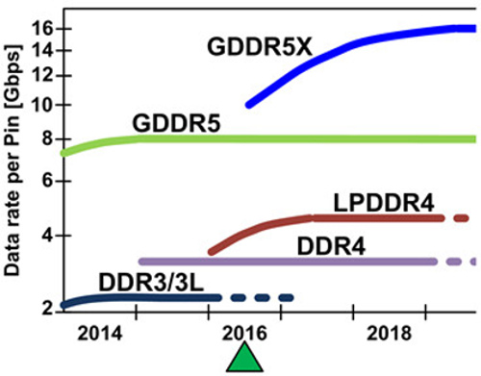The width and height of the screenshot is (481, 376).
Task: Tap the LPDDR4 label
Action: (x=383, y=202)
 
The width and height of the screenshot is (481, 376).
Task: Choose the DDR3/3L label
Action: (x=146, y=281)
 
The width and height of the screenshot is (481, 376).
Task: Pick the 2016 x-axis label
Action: (x=244, y=331)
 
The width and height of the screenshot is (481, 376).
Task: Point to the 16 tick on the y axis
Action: (x=41, y=28)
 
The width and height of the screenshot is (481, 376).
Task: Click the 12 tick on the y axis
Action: (x=41, y=74)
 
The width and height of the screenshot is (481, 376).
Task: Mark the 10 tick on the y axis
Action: (x=41, y=104)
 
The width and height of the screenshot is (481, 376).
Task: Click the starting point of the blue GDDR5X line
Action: (x=248, y=104)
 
